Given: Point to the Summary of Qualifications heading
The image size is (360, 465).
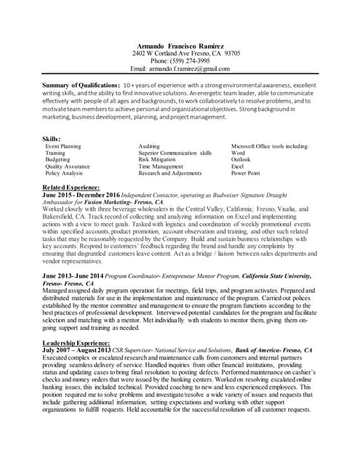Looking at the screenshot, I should (x=81, y=85).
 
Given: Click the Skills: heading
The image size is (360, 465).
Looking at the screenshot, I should (x=51, y=139).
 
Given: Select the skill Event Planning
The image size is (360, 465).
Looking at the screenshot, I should (x=63, y=146).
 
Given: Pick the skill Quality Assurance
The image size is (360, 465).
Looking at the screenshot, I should (x=68, y=166).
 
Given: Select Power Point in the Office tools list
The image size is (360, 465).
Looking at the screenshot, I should (x=245, y=174).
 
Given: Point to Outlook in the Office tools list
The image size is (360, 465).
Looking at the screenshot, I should (x=241, y=160).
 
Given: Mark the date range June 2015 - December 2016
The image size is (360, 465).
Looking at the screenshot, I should (x=81, y=195).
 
